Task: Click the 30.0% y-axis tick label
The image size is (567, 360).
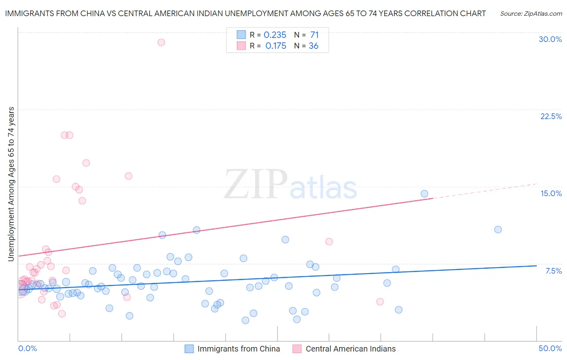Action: (550, 39)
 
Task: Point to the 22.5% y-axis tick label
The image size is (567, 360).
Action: (551, 116)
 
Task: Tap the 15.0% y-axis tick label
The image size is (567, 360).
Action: (551, 193)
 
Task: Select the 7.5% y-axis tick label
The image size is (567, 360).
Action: (553, 271)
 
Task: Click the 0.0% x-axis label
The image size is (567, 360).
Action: (27, 348)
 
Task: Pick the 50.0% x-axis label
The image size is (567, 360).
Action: (550, 348)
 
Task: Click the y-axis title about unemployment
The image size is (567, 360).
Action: (11, 184)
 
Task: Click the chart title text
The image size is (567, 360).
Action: (245, 14)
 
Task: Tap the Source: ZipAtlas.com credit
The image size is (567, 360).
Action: (531, 14)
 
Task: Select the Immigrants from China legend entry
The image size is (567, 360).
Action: (238, 349)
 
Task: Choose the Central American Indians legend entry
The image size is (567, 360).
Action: (350, 349)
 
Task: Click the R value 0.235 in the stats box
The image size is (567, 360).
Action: (275, 35)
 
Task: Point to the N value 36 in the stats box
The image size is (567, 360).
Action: (313, 46)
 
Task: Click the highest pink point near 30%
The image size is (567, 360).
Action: (161, 42)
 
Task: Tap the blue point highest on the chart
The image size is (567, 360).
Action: (424, 194)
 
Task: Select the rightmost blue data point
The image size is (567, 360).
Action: (498, 230)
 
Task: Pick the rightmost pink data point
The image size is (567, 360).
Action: (380, 301)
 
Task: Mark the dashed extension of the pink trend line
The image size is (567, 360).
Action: (484, 191)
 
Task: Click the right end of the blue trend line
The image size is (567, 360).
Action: (536, 266)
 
